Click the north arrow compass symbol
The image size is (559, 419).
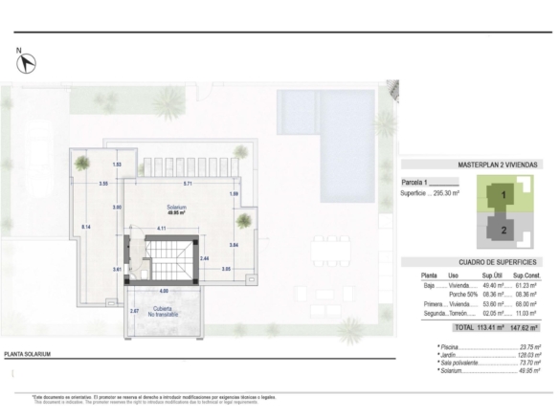click(x=28, y=63)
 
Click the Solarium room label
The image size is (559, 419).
click(x=176, y=209)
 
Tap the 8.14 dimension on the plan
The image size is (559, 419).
click(x=86, y=226)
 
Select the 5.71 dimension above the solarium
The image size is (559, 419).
click(x=189, y=183)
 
